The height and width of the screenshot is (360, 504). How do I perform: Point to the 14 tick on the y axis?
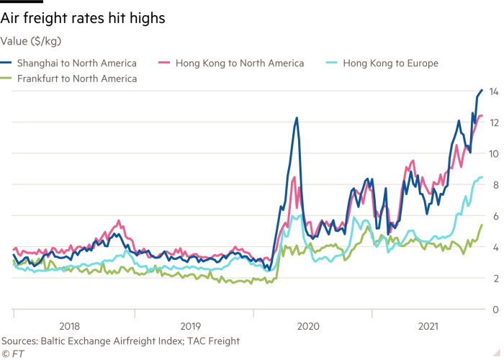[495, 91]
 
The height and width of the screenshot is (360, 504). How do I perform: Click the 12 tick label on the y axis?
[495, 122]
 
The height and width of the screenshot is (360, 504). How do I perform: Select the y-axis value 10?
[495, 153]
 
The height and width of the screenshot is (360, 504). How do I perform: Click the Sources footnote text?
[120, 341]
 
